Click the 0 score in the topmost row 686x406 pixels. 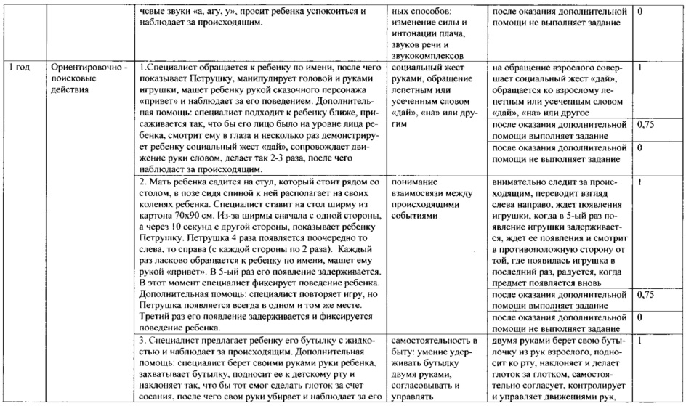point(639,12)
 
